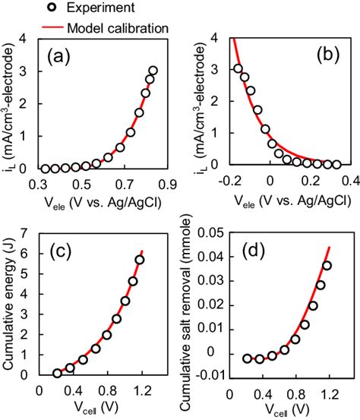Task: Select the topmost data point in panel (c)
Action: [x=140, y=260]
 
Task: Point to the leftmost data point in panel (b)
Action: [x=238, y=68]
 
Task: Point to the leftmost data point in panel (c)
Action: [x=57, y=373]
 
